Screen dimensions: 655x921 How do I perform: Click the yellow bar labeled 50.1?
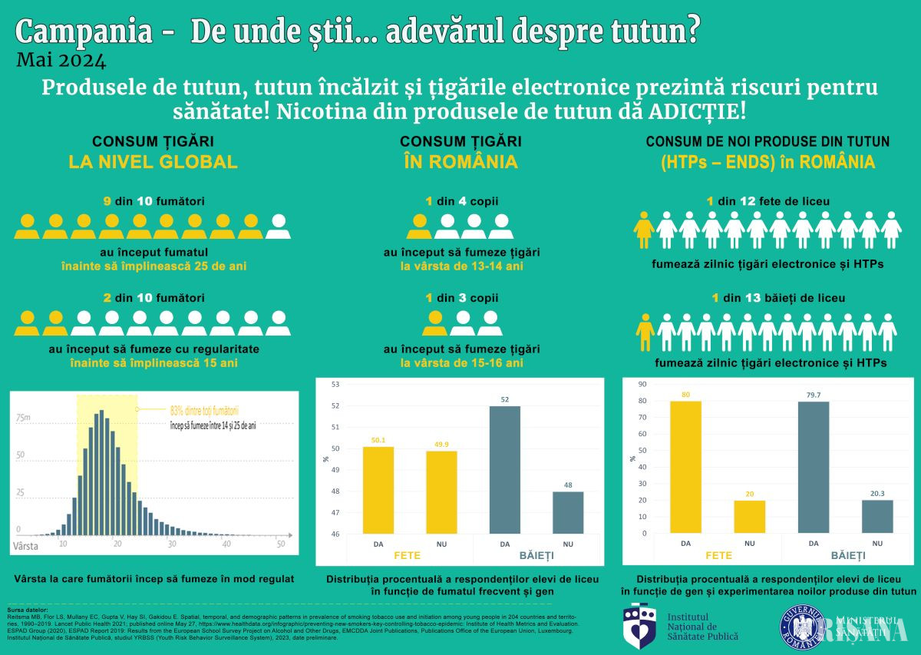coord(378,490)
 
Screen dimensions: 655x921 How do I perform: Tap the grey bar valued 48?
coord(567,512)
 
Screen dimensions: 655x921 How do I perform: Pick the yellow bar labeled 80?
coord(685,467)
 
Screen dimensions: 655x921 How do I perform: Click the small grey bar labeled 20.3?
coord(876,516)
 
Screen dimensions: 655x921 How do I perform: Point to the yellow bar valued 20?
coord(749,516)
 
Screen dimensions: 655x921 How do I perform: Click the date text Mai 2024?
coord(61,58)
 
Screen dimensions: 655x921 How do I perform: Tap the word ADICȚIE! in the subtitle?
coord(696,111)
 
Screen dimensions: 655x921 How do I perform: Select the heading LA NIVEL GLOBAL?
coord(153,162)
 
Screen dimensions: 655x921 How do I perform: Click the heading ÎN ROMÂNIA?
coord(460,162)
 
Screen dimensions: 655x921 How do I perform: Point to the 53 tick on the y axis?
coord(335,384)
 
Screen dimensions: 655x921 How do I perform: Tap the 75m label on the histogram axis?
coord(25,418)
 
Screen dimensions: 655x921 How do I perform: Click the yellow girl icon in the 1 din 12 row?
coord(645,229)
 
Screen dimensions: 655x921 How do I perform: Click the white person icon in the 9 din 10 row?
coord(278,227)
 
